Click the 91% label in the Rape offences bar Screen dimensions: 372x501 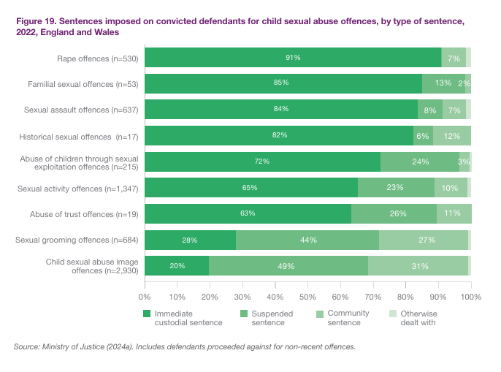click(293, 57)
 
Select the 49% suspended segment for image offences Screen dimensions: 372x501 click(288, 265)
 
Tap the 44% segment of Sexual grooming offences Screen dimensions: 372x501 click(307, 240)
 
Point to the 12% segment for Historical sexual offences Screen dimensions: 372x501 click(451, 135)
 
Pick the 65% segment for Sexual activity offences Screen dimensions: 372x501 click(250, 188)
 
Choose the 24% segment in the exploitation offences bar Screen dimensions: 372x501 click(420, 162)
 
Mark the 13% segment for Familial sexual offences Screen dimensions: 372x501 click(443, 83)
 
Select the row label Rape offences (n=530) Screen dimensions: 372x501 click(102, 58)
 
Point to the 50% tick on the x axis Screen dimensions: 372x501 click(307, 297)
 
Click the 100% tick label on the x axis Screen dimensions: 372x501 click(471, 297)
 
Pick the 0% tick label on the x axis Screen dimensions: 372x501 click(145, 297)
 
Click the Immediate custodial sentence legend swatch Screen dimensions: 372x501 click(148, 314)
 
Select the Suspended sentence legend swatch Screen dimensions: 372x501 click(245, 314)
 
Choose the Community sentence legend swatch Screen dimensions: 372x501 click(320, 314)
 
